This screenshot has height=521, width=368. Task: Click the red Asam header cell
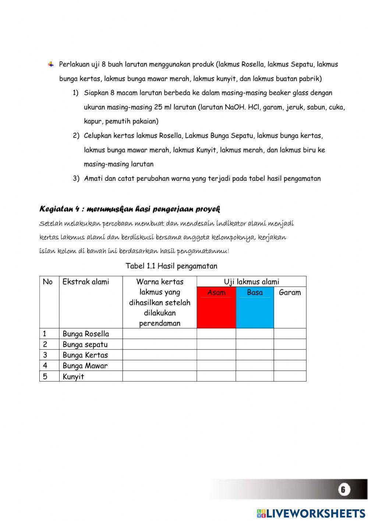pyautogui.click(x=216, y=307)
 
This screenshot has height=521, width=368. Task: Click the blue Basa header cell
pyautogui.click(x=255, y=307)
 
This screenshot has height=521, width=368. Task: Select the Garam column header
pyautogui.click(x=290, y=293)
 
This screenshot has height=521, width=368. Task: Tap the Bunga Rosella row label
pyautogui.click(x=86, y=334)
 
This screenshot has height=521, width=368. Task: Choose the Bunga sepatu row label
pyautogui.click(x=85, y=344)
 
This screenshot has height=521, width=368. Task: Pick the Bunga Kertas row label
pyautogui.click(x=85, y=355)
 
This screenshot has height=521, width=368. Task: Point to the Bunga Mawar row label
pyautogui.click(x=85, y=366)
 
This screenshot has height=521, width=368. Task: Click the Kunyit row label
pyautogui.click(x=73, y=376)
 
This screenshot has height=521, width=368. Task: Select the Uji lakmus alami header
pyautogui.click(x=251, y=282)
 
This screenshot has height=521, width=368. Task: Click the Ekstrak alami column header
pyautogui.click(x=86, y=282)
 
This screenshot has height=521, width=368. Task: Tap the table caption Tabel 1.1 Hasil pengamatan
pyautogui.click(x=171, y=266)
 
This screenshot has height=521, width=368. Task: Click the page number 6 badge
pyautogui.click(x=343, y=489)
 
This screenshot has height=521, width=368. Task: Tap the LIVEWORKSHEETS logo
pyautogui.click(x=311, y=513)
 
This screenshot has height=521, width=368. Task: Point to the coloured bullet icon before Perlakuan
pyautogui.click(x=51, y=65)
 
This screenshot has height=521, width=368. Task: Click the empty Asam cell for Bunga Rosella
pyautogui.click(x=216, y=334)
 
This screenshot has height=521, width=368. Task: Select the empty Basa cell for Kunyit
pyautogui.click(x=255, y=376)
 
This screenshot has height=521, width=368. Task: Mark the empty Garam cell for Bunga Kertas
pyautogui.click(x=290, y=355)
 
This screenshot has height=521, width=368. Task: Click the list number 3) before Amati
pyautogui.click(x=76, y=179)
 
